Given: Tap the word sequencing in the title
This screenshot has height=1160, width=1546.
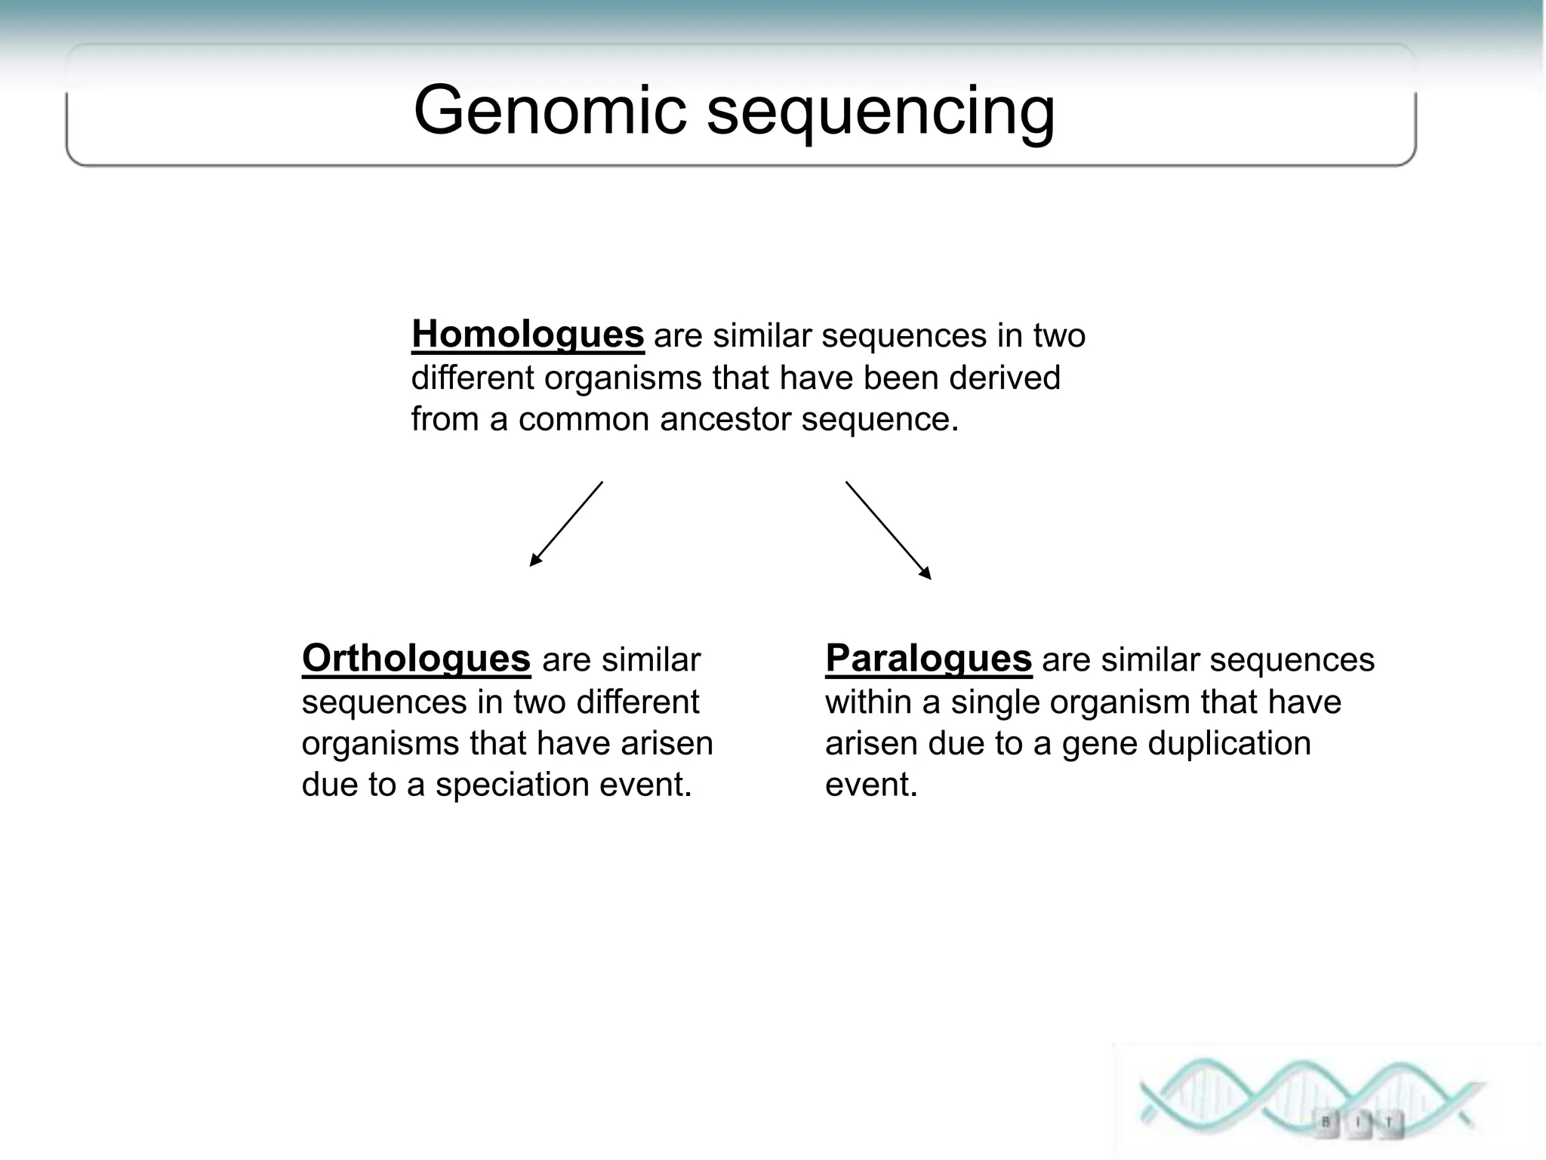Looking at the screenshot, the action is (x=880, y=113).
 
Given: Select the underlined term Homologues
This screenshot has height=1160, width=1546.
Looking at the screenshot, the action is (x=527, y=335).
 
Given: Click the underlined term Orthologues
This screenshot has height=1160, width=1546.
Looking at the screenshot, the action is (x=416, y=659).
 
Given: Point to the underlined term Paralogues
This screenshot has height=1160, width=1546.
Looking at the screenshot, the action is (x=928, y=659).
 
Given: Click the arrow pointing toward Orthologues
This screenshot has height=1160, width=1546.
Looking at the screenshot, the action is (x=566, y=523).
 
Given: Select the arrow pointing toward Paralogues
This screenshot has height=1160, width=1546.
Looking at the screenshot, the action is (x=888, y=530).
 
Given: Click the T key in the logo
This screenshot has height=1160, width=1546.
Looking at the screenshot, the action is (x=1388, y=1123).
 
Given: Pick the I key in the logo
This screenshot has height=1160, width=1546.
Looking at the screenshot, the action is (x=1358, y=1122).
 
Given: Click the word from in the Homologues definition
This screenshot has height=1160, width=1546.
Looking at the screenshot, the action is (x=445, y=419).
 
